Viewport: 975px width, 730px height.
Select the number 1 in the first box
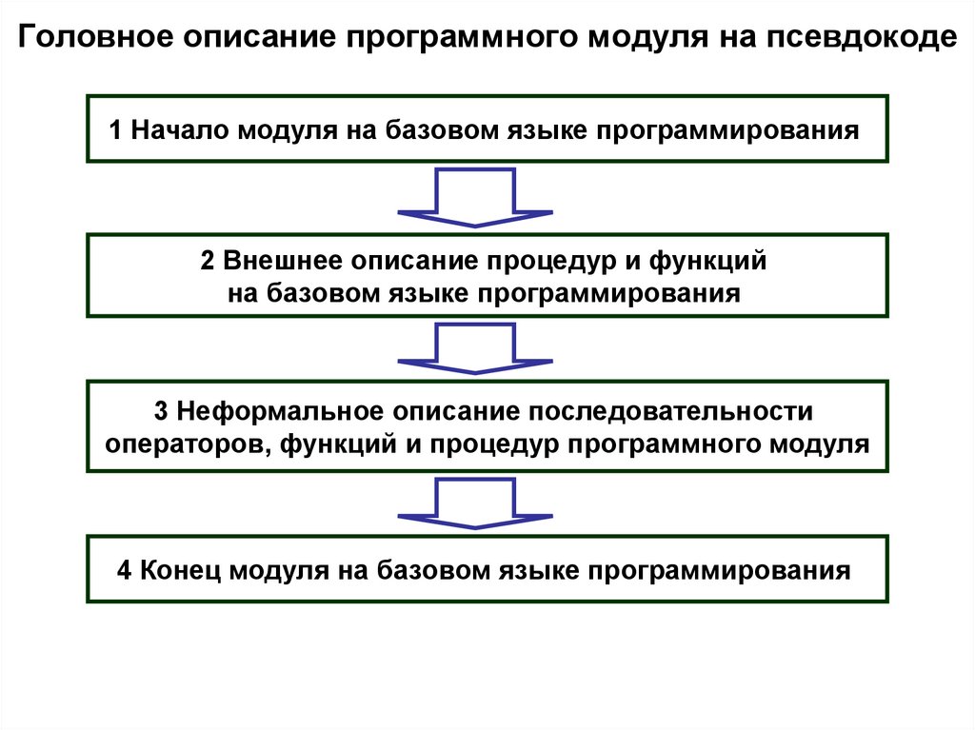click(115, 129)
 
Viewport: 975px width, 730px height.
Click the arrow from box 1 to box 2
click(474, 198)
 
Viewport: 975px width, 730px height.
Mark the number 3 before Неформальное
click(161, 412)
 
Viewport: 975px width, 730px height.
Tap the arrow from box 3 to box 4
click(474, 503)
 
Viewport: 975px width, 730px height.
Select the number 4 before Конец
click(123, 570)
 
